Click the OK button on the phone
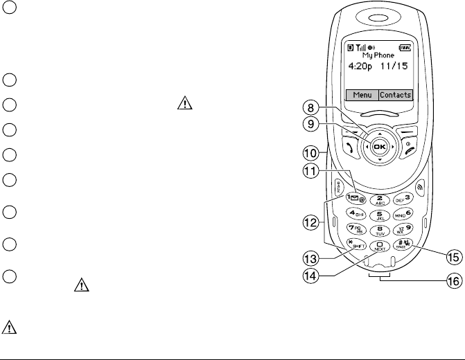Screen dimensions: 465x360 379,147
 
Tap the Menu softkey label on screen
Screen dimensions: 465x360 360,96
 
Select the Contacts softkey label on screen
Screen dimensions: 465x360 395,96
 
